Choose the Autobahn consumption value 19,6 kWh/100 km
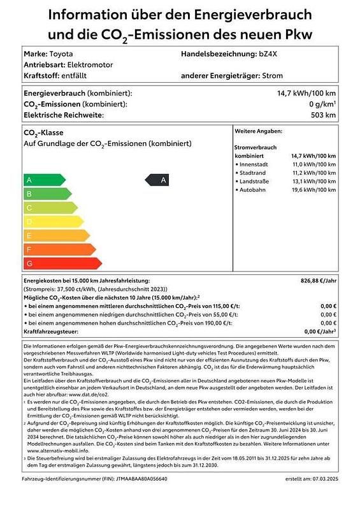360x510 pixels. [x=313, y=189]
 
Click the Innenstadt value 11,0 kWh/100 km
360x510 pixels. [x=313, y=164]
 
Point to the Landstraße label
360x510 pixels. [x=255, y=181]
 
